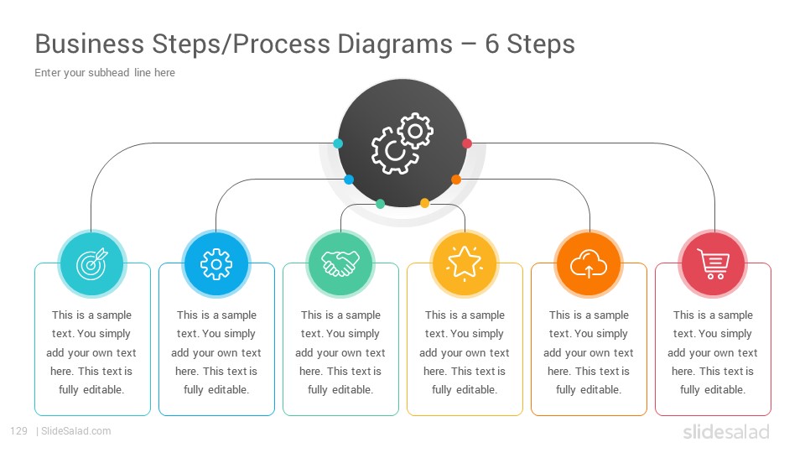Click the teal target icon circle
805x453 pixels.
click(92, 263)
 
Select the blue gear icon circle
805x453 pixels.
click(216, 263)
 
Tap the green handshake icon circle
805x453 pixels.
click(340, 263)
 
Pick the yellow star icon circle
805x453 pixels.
click(465, 263)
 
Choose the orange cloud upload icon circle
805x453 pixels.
click(589, 263)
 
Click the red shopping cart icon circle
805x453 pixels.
click(713, 263)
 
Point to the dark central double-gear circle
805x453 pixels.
click(402, 143)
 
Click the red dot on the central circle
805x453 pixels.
click(467, 143)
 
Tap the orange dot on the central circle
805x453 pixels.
click(456, 180)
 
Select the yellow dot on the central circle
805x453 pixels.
click(424, 203)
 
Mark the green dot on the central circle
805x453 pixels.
click(381, 204)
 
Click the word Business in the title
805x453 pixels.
click(90, 44)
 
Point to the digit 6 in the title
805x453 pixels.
click(492, 44)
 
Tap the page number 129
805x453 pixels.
click(18, 431)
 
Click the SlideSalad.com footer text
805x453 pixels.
click(76, 431)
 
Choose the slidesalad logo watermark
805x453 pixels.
click(726, 431)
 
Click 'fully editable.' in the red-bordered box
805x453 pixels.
click(713, 390)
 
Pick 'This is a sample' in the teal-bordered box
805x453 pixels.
click(92, 315)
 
